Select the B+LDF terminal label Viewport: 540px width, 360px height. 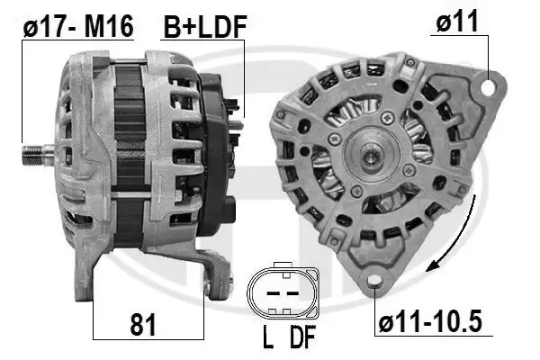tap(203, 28)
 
